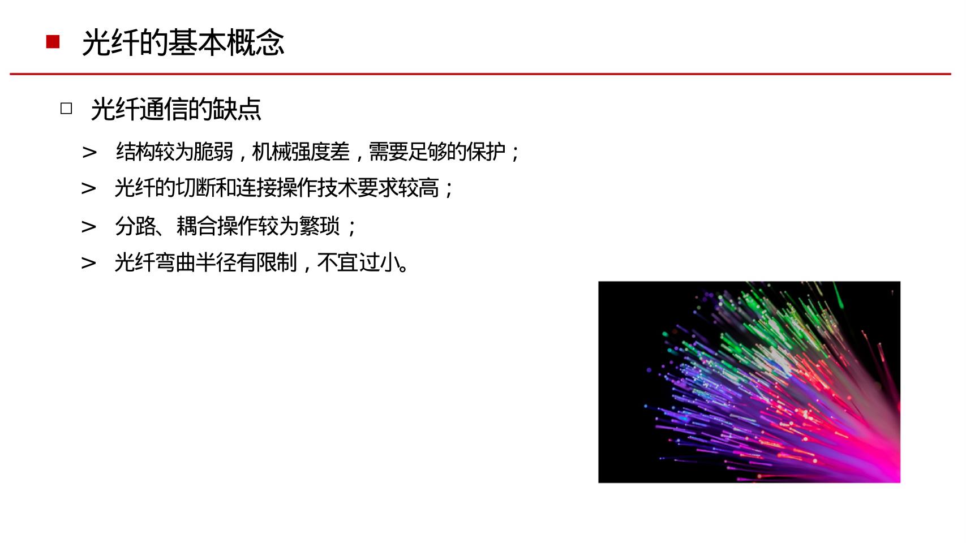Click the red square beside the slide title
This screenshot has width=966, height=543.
pyautogui.click(x=53, y=42)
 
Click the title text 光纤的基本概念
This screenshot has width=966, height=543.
pyautogui.click(x=183, y=42)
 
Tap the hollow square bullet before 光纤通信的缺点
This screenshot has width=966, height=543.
pyautogui.click(x=66, y=109)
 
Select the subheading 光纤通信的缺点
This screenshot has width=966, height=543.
pyautogui.click(x=175, y=109)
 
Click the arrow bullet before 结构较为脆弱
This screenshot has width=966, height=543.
pyautogui.click(x=89, y=152)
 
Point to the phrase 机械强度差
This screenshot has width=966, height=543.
pyautogui.click(x=300, y=152)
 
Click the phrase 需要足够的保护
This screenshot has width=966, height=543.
pyautogui.click(x=437, y=152)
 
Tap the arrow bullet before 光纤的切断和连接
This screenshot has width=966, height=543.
pyautogui.click(x=89, y=188)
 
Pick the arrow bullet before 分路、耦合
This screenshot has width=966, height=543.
pyautogui.click(x=89, y=227)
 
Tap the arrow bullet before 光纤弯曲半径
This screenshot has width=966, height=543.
pyautogui.click(x=89, y=263)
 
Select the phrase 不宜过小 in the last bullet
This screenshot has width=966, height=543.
pyautogui.click(x=358, y=263)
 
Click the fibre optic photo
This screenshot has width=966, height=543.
pyautogui.click(x=749, y=382)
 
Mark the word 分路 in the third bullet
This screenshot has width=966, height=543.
pyautogui.click(x=135, y=227)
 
